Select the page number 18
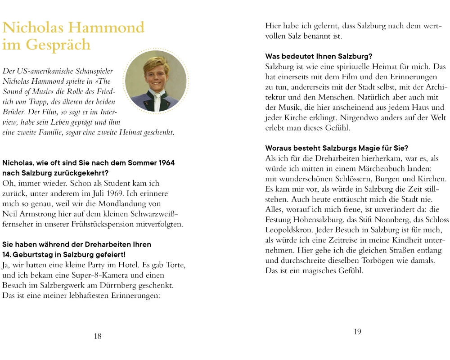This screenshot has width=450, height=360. point(98,336)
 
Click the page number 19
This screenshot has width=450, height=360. point(357,332)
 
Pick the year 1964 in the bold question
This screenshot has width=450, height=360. point(163,163)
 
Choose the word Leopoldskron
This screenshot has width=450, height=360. point(287,230)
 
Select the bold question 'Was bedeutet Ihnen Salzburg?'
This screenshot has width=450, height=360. point(319,56)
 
